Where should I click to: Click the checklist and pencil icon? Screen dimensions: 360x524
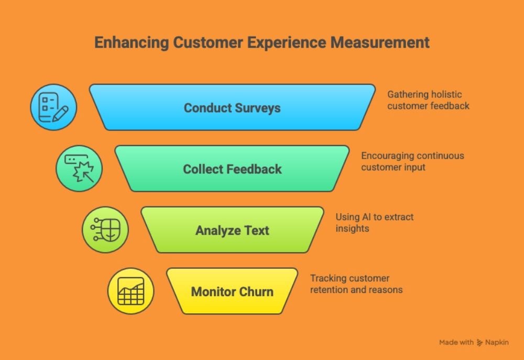point(53,107)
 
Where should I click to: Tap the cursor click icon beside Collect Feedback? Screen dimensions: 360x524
point(79,168)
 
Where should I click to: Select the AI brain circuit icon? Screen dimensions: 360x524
point(105,230)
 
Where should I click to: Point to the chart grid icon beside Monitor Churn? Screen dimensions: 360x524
point(130,291)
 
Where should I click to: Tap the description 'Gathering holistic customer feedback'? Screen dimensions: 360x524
point(428,100)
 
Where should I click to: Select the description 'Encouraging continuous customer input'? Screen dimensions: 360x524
point(412,161)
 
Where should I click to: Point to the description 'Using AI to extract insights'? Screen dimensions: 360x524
point(374,223)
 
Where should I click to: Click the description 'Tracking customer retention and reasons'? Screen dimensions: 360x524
point(356,284)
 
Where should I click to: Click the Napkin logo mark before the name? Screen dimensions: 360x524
point(479,342)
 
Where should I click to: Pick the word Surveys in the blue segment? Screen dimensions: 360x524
point(258,108)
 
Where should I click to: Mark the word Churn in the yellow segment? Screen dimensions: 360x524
point(255,291)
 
